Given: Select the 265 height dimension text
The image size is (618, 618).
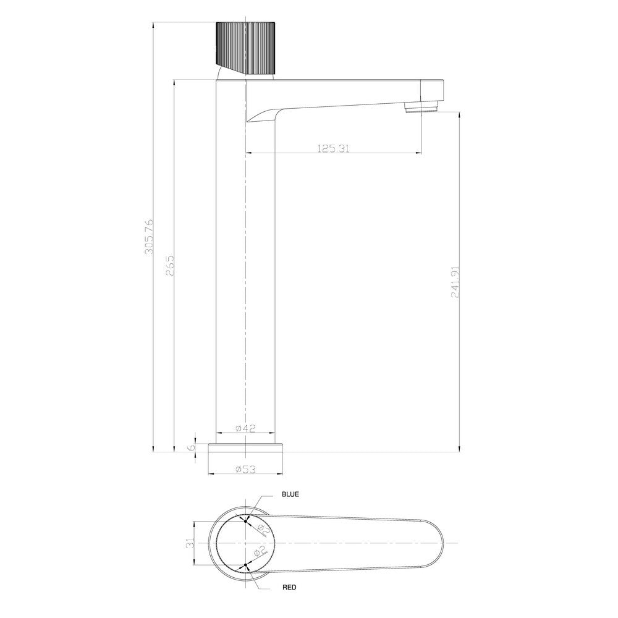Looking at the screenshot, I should tap(171, 266).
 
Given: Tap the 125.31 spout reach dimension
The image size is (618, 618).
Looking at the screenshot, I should tap(334, 148).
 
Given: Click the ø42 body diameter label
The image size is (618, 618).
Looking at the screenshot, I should tap(245, 428).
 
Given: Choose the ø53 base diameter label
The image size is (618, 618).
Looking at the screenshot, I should tap(245, 469).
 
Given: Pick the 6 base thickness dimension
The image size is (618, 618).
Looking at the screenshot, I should tap(192, 446).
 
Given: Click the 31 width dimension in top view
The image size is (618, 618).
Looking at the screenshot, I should tap(191, 543).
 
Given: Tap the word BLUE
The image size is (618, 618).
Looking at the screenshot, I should tap(290, 494).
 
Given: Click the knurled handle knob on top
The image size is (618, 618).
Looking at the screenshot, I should tap(245, 46).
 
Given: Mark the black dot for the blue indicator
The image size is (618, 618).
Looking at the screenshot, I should tap(246, 520).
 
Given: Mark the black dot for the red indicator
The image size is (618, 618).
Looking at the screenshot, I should tap(246, 565).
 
